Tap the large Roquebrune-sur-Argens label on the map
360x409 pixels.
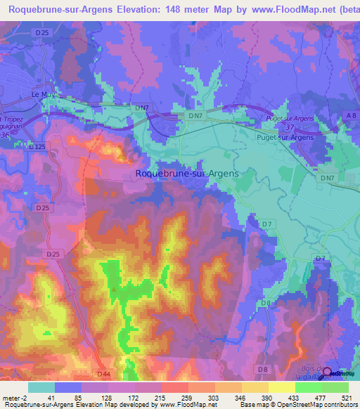tap(186, 173)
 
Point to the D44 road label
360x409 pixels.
tap(104, 373)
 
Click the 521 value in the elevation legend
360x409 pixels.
tap(345, 396)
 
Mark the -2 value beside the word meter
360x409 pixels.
tap(24, 396)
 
